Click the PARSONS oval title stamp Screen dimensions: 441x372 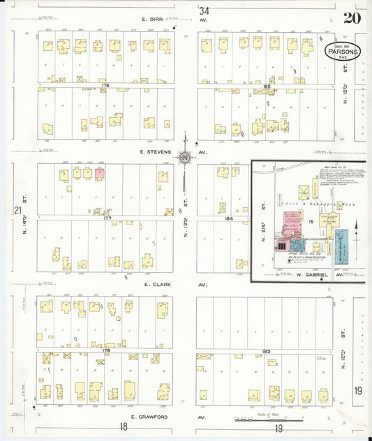343,51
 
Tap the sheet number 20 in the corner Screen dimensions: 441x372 352,19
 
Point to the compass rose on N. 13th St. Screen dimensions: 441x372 185,158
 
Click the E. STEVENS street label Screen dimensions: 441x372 155,151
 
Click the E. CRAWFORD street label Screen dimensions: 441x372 147,417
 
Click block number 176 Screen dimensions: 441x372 105,85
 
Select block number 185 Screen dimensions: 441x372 267,85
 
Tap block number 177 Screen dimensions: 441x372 107,218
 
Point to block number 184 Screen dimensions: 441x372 228,218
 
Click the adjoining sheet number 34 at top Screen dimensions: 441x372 204,11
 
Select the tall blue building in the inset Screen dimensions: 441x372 342,245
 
